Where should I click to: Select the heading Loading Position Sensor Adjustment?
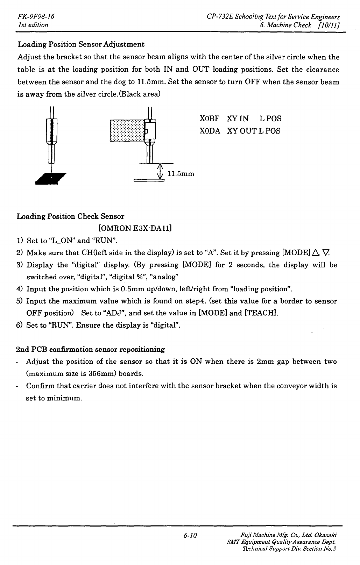click(x=81, y=45)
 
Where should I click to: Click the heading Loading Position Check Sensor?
click(x=71, y=216)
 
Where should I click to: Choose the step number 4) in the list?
click(x=20, y=289)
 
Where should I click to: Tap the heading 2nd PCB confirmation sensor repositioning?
click(x=91, y=350)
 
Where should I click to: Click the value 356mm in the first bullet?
click(x=105, y=374)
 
